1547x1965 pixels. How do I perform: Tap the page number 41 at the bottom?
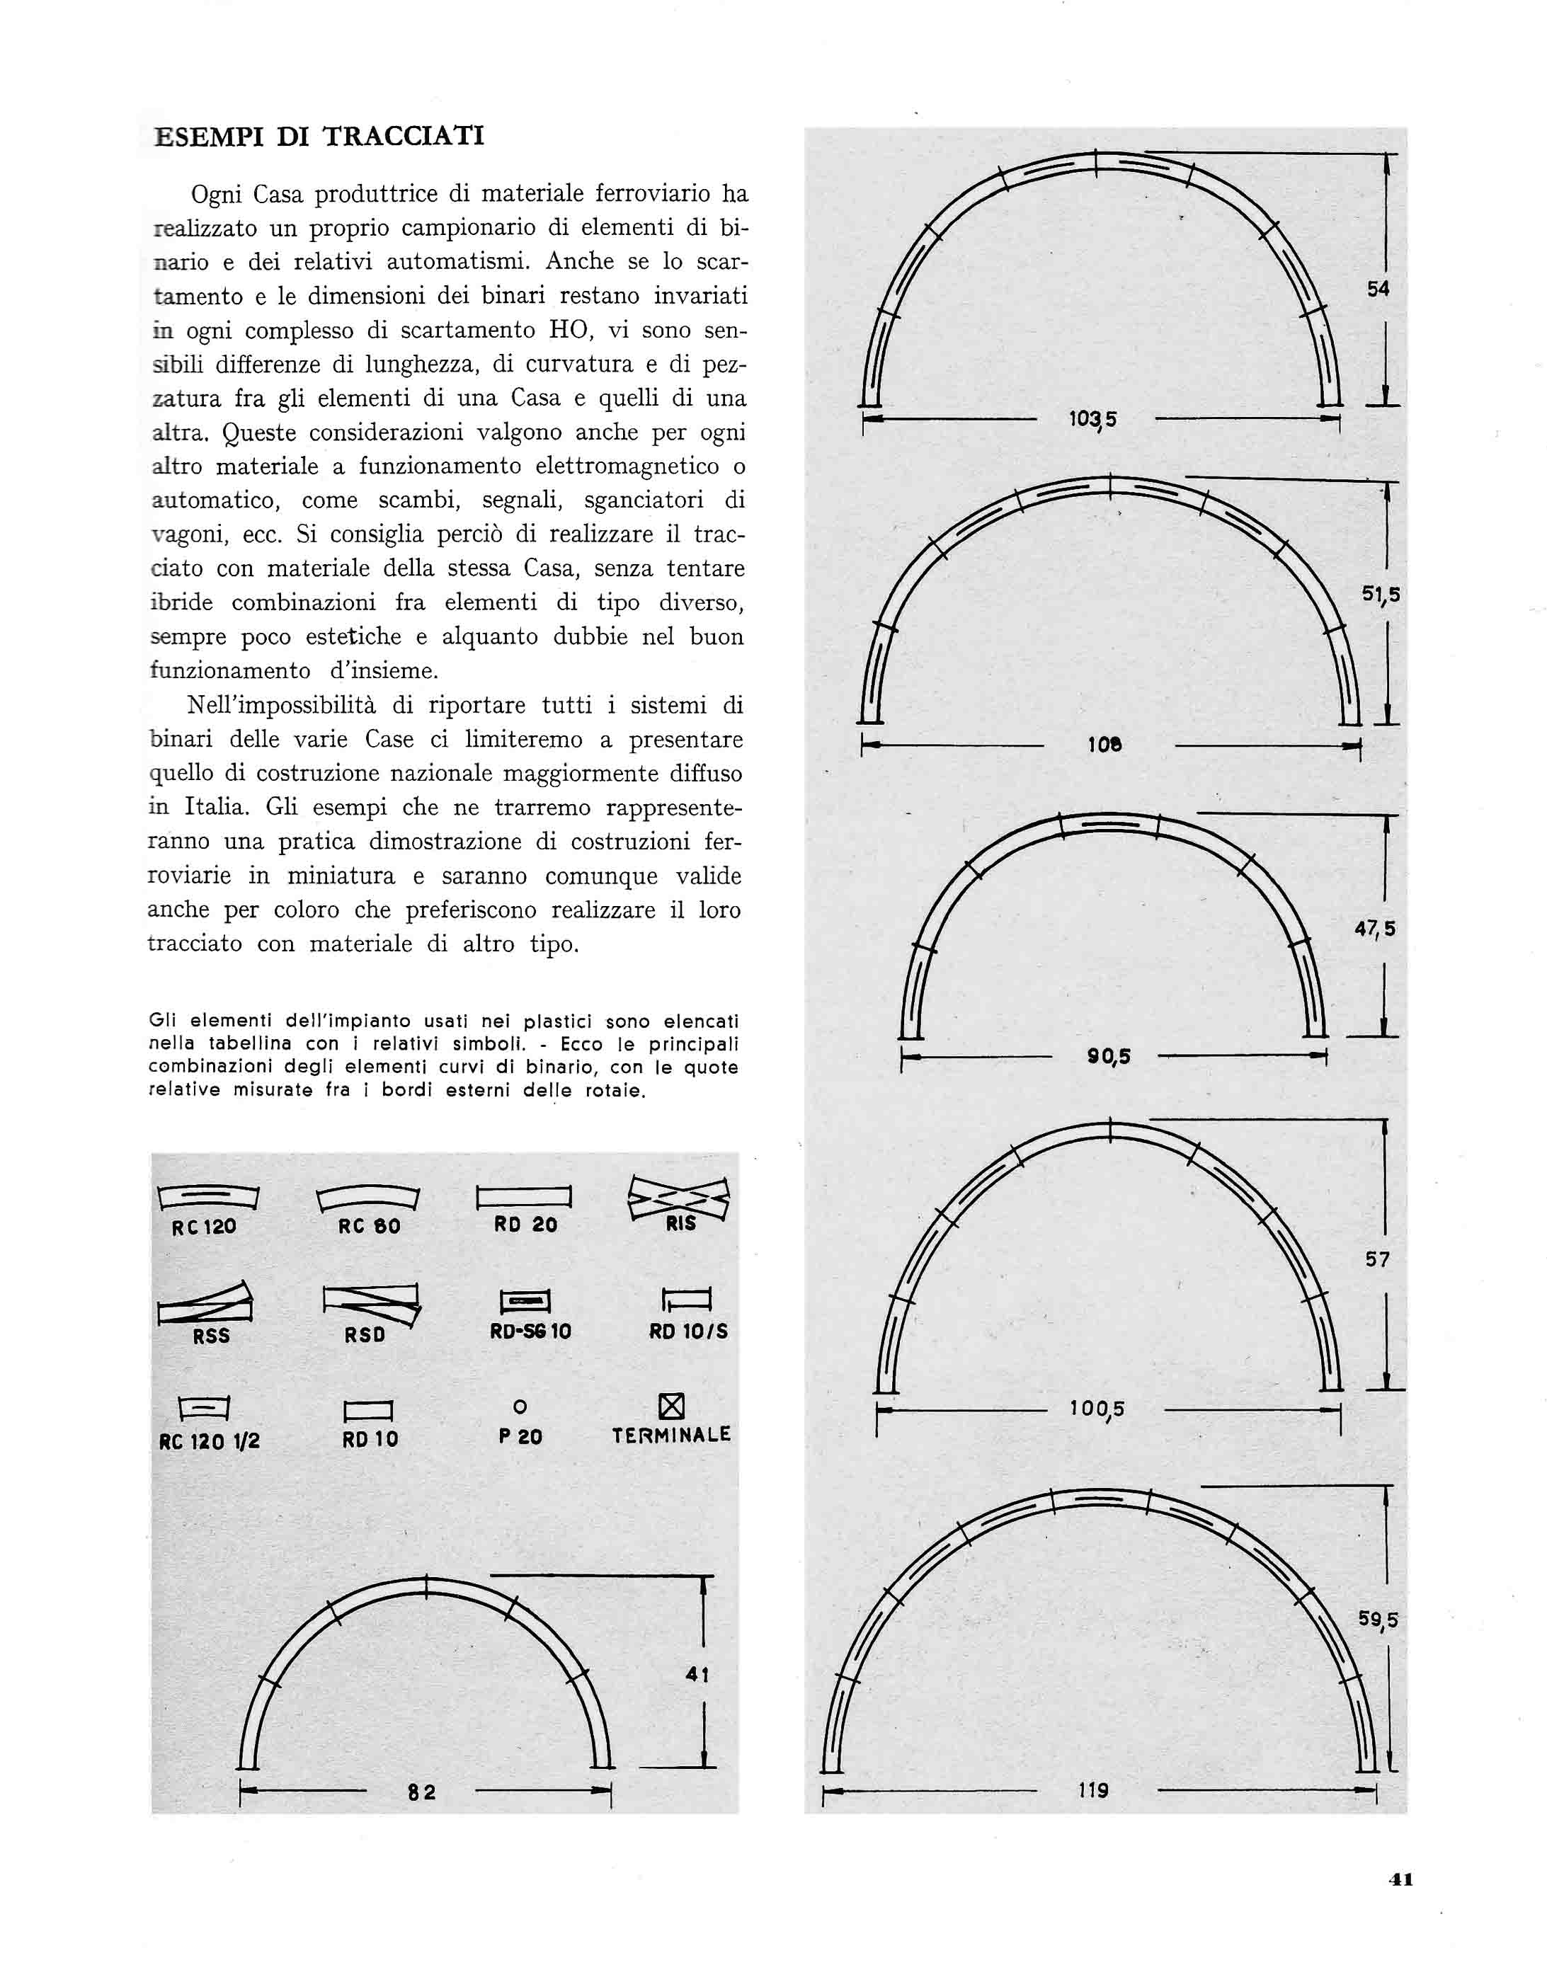click(x=1400, y=1879)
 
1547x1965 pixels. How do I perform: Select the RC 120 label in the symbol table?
click(x=204, y=1227)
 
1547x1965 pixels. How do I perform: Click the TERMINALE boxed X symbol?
click(x=671, y=1407)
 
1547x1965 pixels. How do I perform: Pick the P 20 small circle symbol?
click(x=520, y=1407)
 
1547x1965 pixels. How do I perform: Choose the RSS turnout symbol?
click(x=205, y=1304)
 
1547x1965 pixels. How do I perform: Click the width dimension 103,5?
click(x=1093, y=419)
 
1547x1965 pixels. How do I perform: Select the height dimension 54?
click(x=1378, y=289)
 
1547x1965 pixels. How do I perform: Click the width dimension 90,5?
click(x=1109, y=1056)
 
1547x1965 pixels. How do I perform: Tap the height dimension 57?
click(x=1376, y=1259)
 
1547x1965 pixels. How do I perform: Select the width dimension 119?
click(x=1093, y=1790)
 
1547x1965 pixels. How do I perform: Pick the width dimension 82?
click(x=422, y=1792)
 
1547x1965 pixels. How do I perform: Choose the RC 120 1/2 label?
click(x=210, y=1440)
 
